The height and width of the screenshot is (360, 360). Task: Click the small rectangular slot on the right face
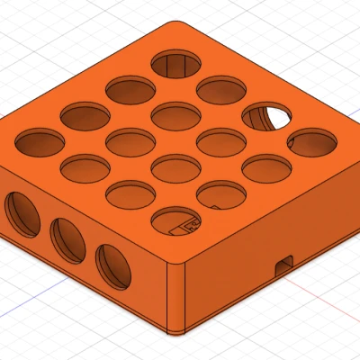(285, 263)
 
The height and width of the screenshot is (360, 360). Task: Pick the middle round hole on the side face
(67, 238)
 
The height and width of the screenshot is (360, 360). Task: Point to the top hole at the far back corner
(176, 64)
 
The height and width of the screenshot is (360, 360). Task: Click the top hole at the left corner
(39, 141)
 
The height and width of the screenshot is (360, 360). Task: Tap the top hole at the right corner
(310, 142)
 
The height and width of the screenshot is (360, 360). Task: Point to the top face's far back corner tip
(176, 22)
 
